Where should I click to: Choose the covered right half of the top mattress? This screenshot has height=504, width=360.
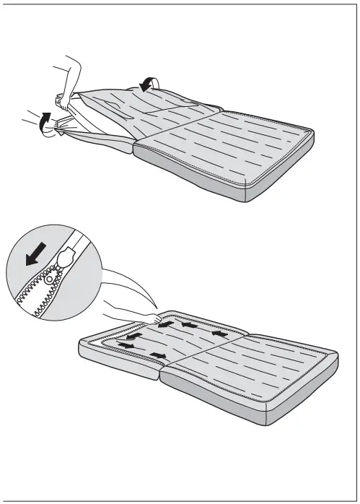[x=238, y=152]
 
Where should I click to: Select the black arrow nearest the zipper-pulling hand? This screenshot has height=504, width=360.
[x=166, y=324]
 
